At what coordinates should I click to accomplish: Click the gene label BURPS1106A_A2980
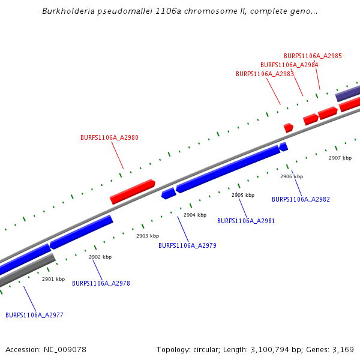click(x=109, y=138)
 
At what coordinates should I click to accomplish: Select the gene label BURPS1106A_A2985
click(x=313, y=56)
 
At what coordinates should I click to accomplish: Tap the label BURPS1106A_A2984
click(x=289, y=65)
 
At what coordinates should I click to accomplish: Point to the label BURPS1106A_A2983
click(x=265, y=74)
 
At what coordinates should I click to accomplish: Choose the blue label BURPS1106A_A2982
click(x=301, y=199)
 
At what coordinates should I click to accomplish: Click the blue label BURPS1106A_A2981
click(x=246, y=221)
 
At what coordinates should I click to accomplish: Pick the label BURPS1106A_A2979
click(x=187, y=245)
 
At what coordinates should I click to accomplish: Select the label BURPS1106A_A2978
click(x=101, y=283)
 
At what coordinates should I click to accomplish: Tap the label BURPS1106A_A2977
click(x=34, y=315)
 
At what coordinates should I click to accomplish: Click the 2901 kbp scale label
click(x=53, y=279)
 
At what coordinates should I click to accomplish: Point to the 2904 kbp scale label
click(x=195, y=215)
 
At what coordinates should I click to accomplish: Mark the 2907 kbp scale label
click(x=340, y=158)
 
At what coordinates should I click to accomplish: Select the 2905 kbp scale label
click(x=243, y=195)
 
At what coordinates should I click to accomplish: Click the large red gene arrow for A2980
click(x=133, y=191)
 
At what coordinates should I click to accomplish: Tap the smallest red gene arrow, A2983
click(x=288, y=128)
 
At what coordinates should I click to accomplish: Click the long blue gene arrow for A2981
click(x=228, y=169)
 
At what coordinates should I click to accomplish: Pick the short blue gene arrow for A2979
click(x=169, y=193)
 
